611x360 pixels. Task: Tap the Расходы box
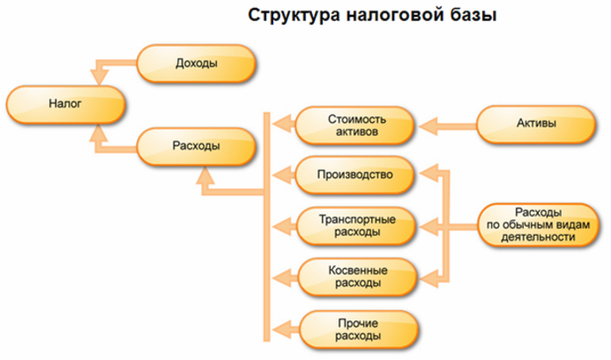point(196,145)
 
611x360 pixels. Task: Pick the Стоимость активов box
point(354,126)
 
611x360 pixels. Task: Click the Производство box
point(354,175)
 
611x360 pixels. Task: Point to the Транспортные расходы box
point(354,226)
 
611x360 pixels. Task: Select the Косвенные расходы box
point(354,276)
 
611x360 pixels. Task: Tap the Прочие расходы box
point(354,327)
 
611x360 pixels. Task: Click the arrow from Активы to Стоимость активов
point(449,126)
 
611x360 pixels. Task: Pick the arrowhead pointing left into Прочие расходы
point(283,327)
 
